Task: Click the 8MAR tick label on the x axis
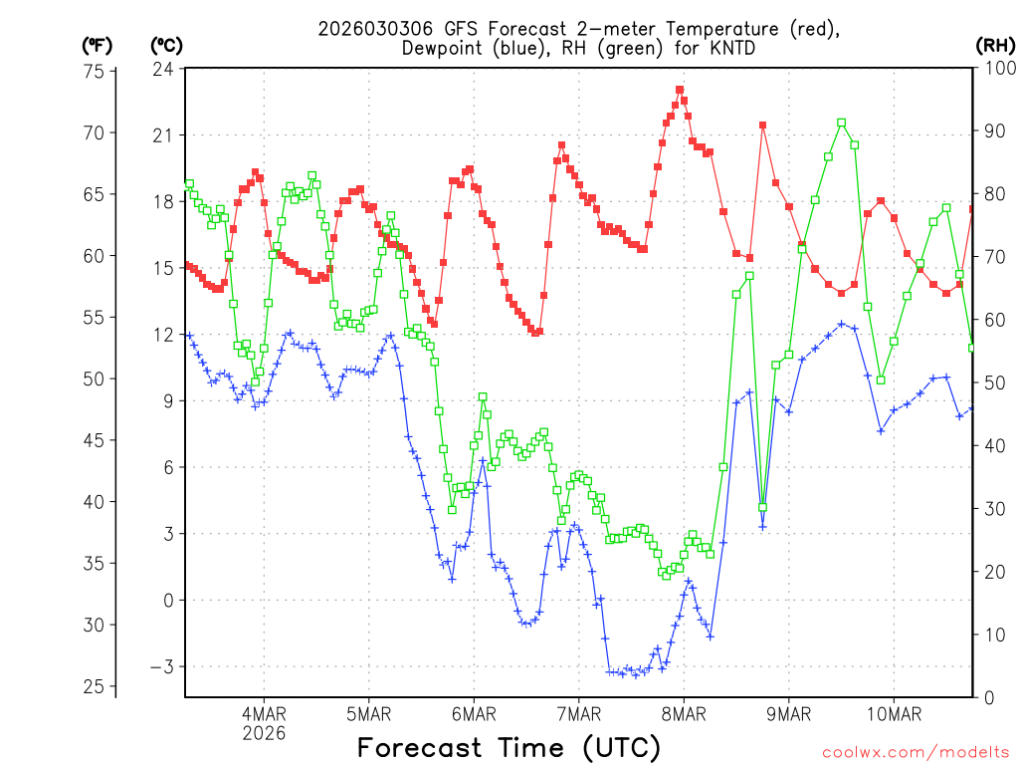(683, 714)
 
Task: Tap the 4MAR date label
(264, 714)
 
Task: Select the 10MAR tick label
(893, 714)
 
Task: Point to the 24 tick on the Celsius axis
(163, 69)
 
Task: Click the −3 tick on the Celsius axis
(159, 666)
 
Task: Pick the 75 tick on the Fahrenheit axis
(95, 72)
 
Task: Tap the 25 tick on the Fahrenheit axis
(95, 687)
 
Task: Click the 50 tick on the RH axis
(993, 383)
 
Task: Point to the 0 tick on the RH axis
(988, 697)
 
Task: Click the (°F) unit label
(97, 46)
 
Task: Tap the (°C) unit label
(165, 46)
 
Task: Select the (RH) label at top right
(995, 46)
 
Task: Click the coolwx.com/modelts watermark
(914, 752)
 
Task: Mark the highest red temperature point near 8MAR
(680, 90)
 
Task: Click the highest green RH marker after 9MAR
(842, 123)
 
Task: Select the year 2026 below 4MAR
(264, 733)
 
